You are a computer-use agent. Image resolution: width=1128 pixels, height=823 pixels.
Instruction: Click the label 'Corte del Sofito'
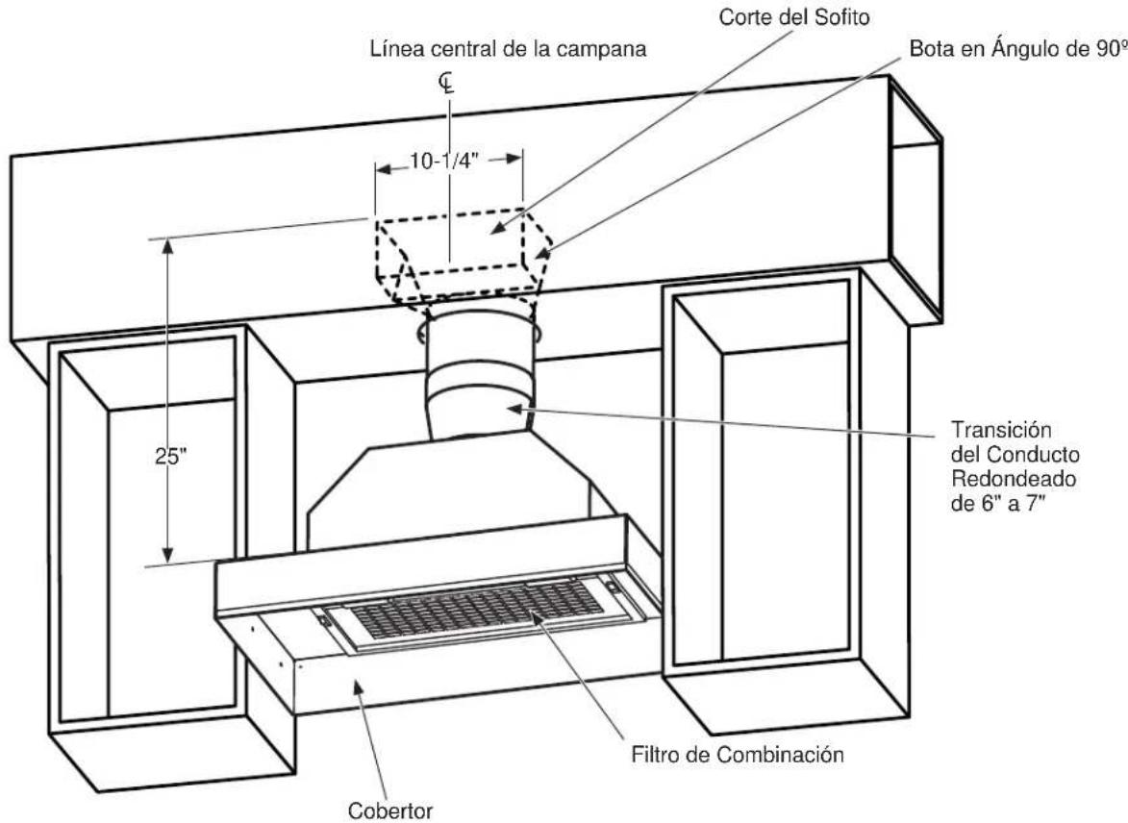pyautogui.click(x=794, y=18)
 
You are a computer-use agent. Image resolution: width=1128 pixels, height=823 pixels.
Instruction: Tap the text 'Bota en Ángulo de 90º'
pyautogui.click(x=1018, y=50)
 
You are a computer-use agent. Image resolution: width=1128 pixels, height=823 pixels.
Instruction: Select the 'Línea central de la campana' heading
pyautogui.click(x=508, y=49)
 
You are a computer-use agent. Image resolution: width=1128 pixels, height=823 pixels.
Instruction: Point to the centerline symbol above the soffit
pyautogui.click(x=447, y=84)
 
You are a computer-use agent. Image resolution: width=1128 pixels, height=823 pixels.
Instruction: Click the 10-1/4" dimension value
pyautogui.click(x=444, y=162)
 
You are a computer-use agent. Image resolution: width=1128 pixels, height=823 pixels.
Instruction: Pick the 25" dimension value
pyautogui.click(x=171, y=456)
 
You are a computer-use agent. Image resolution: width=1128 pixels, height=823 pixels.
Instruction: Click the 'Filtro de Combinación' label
pyautogui.click(x=738, y=755)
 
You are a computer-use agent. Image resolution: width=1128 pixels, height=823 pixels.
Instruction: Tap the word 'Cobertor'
pyautogui.click(x=390, y=811)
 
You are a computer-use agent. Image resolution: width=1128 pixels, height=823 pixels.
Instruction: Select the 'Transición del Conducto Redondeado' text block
pyautogui.click(x=1015, y=466)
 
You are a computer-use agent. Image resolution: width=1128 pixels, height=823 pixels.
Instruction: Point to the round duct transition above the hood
pyautogui.click(x=478, y=378)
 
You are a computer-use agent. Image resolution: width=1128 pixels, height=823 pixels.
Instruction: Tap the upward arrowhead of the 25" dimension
pyautogui.click(x=167, y=246)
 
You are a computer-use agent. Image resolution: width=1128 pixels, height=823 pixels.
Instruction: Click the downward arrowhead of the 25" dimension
pyautogui.click(x=167, y=555)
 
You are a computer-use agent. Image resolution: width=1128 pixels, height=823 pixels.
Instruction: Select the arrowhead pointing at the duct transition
pyautogui.click(x=514, y=409)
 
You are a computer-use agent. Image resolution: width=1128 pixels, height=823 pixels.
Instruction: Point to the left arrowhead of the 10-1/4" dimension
pyautogui.click(x=384, y=170)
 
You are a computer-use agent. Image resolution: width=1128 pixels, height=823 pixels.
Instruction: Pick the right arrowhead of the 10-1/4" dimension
pyautogui.click(x=514, y=159)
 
